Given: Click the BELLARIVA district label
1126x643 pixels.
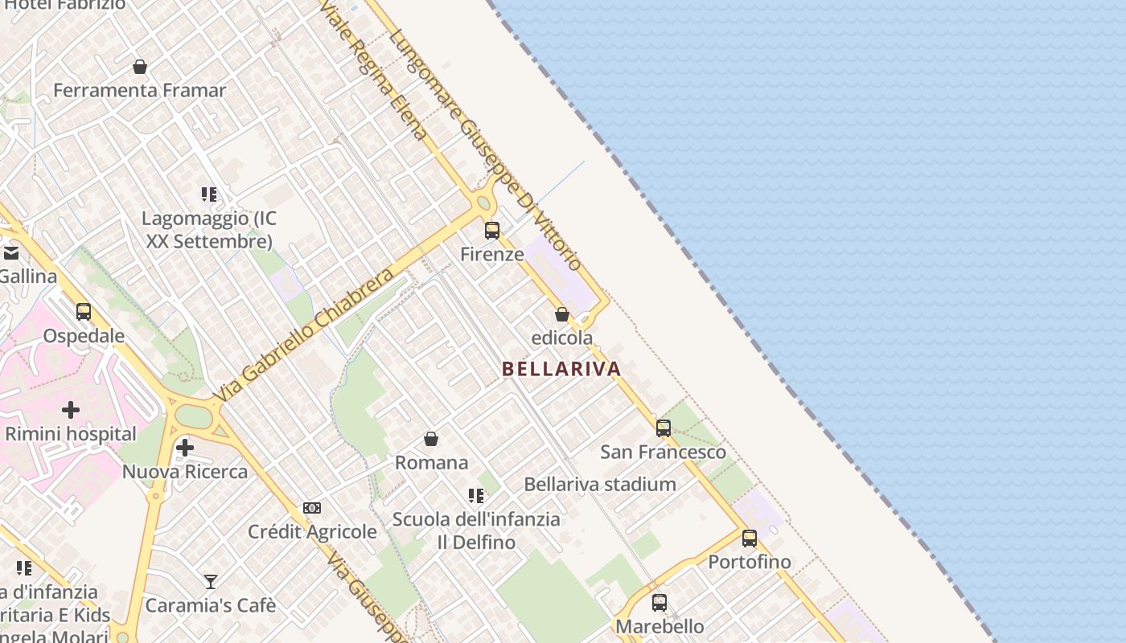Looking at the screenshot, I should (561, 369).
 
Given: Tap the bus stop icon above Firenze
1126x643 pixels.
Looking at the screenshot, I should (492, 231).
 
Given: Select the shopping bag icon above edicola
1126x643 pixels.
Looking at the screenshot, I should (562, 314).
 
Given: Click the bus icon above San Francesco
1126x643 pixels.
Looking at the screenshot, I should (664, 428).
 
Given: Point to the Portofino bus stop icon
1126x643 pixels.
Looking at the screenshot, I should (750, 539).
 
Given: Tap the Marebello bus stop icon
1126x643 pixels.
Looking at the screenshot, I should (660, 602).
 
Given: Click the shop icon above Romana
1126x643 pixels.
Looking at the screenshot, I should (431, 439).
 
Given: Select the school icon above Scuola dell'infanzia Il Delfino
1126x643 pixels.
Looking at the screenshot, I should (476, 496).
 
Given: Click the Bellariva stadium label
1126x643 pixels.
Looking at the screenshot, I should (600, 485).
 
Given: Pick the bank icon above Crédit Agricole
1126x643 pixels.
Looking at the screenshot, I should (312, 508).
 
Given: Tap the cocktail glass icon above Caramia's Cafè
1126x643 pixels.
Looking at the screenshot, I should (211, 581).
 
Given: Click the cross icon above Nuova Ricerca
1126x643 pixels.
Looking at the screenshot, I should (185, 447).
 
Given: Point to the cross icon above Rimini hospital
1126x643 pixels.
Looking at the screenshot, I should (71, 410).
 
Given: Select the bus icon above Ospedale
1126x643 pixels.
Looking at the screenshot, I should (84, 312).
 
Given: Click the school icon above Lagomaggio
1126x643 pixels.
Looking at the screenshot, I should (209, 195).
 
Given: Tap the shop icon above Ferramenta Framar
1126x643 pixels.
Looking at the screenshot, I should (140, 67).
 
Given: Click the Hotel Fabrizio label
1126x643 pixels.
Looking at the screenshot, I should (65, 5).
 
